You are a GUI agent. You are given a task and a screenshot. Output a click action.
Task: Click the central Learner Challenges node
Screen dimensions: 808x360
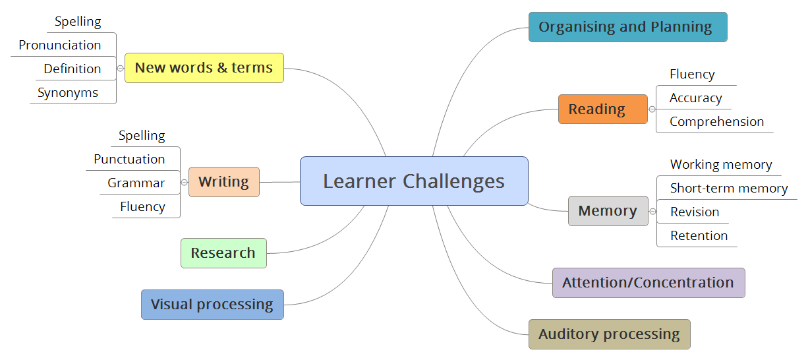(x=414, y=181)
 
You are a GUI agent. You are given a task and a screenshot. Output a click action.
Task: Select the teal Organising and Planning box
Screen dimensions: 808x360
(x=627, y=27)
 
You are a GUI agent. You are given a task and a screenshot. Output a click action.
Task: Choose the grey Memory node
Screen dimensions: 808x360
(x=608, y=211)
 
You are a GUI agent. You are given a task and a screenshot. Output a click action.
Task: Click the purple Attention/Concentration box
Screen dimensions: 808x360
(x=648, y=283)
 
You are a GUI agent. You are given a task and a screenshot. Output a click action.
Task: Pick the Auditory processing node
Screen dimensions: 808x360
(x=609, y=334)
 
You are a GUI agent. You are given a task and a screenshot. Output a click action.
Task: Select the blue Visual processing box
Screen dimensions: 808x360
(x=212, y=305)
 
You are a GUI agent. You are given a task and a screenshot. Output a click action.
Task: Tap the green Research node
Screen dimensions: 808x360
(x=223, y=253)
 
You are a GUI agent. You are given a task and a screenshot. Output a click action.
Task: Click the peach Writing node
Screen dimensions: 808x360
(x=223, y=182)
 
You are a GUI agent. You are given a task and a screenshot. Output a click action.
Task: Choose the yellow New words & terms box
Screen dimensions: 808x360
(x=204, y=68)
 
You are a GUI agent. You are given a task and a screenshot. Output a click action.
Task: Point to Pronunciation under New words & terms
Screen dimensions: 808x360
(x=60, y=45)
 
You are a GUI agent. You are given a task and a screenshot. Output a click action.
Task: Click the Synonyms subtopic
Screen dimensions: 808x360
(x=68, y=93)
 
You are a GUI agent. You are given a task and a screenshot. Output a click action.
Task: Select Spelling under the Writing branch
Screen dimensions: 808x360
(x=142, y=136)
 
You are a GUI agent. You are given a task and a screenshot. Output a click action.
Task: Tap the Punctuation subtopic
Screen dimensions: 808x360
(x=129, y=160)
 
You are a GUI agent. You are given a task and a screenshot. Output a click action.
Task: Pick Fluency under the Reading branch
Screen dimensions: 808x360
(x=692, y=75)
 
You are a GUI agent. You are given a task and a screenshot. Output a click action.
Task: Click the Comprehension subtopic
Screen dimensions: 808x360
(x=716, y=122)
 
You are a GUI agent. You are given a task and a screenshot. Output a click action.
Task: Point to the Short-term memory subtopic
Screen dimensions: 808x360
(x=728, y=189)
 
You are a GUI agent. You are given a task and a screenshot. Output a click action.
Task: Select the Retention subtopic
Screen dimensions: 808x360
(x=699, y=236)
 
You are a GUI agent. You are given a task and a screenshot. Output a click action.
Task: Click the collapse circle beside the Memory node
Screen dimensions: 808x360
(x=652, y=212)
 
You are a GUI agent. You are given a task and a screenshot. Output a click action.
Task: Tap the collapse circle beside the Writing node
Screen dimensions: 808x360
(x=185, y=183)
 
